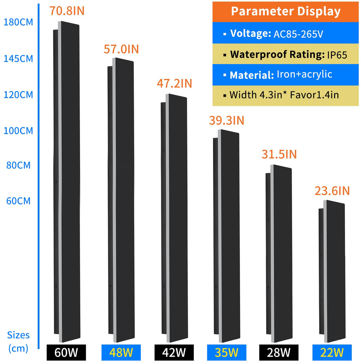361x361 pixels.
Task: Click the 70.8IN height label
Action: [x=67, y=11]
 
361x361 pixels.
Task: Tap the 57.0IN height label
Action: [x=121, y=49]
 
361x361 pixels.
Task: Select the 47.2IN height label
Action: [x=174, y=83]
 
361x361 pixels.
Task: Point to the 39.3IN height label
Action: [x=227, y=120]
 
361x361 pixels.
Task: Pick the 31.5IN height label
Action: [x=279, y=154]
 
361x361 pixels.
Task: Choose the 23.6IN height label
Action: [x=332, y=191]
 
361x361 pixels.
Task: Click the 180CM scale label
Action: [x=18, y=22]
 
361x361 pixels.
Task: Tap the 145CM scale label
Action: [x=18, y=58]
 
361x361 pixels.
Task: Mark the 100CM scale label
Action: [x=18, y=131]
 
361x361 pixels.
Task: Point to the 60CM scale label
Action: [x=18, y=201]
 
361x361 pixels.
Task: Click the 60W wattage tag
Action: [x=66, y=352]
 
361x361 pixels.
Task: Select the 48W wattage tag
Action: [x=121, y=352]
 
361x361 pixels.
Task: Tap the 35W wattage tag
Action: [x=227, y=352]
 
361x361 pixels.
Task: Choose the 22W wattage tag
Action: [x=332, y=352]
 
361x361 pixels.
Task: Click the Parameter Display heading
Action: [x=285, y=11]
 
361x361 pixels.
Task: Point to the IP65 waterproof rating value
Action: [x=337, y=55]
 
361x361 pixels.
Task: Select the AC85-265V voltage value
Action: [x=298, y=34]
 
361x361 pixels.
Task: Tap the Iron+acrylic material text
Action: [x=304, y=74]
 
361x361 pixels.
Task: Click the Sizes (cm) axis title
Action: [x=18, y=342]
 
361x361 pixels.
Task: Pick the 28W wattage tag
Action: [x=279, y=352]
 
